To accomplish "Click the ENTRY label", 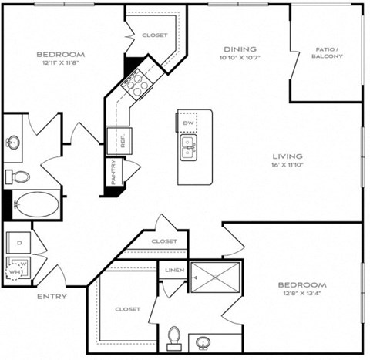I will click(51, 296).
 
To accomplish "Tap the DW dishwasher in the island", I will click(188, 123).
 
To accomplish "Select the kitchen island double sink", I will click(188, 146).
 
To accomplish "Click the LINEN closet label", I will click(174, 269).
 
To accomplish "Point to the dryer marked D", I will click(18, 242).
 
